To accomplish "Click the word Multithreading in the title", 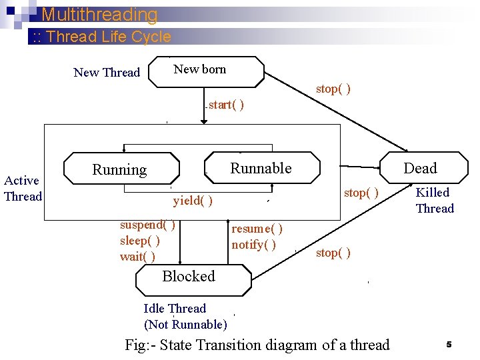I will pyautogui.click(x=99, y=15).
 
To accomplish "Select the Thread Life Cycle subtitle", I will pyautogui.click(x=99, y=37).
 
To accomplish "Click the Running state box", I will pyautogui.click(x=121, y=169).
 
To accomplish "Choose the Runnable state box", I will pyautogui.click(x=261, y=168).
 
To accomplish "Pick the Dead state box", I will pyautogui.click(x=420, y=168).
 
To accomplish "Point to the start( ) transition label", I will pyautogui.click(x=226, y=105).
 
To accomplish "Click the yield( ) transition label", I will pyautogui.click(x=193, y=201).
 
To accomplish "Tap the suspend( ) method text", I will pyautogui.click(x=147, y=225).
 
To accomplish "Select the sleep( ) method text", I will pyautogui.click(x=139, y=241).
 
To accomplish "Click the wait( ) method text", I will pyautogui.click(x=137, y=257).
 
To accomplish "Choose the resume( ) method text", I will pyautogui.click(x=257, y=229).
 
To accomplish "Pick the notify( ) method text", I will pyautogui.click(x=253, y=245).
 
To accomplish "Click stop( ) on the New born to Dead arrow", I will pyautogui.click(x=333, y=89).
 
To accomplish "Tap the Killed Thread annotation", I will pyautogui.click(x=434, y=201).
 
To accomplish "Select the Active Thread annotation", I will pyautogui.click(x=22, y=188).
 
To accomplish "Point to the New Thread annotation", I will pyautogui.click(x=107, y=73).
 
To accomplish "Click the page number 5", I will pyautogui.click(x=449, y=345).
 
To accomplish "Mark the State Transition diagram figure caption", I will pyautogui.click(x=257, y=345).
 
